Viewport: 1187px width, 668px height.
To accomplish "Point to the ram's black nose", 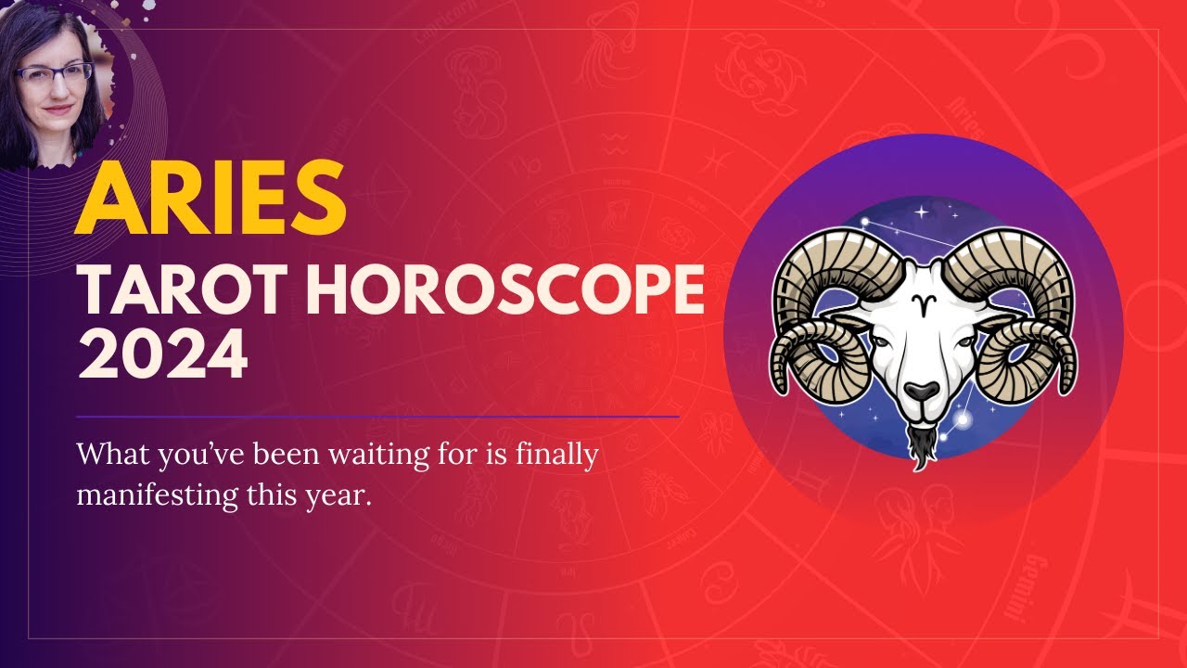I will [x=921, y=391].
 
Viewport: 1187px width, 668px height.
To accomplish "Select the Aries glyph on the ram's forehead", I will [x=922, y=303].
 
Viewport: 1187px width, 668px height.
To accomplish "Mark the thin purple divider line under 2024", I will [x=377, y=417].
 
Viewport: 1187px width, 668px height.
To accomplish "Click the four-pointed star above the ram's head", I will [x=922, y=212].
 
